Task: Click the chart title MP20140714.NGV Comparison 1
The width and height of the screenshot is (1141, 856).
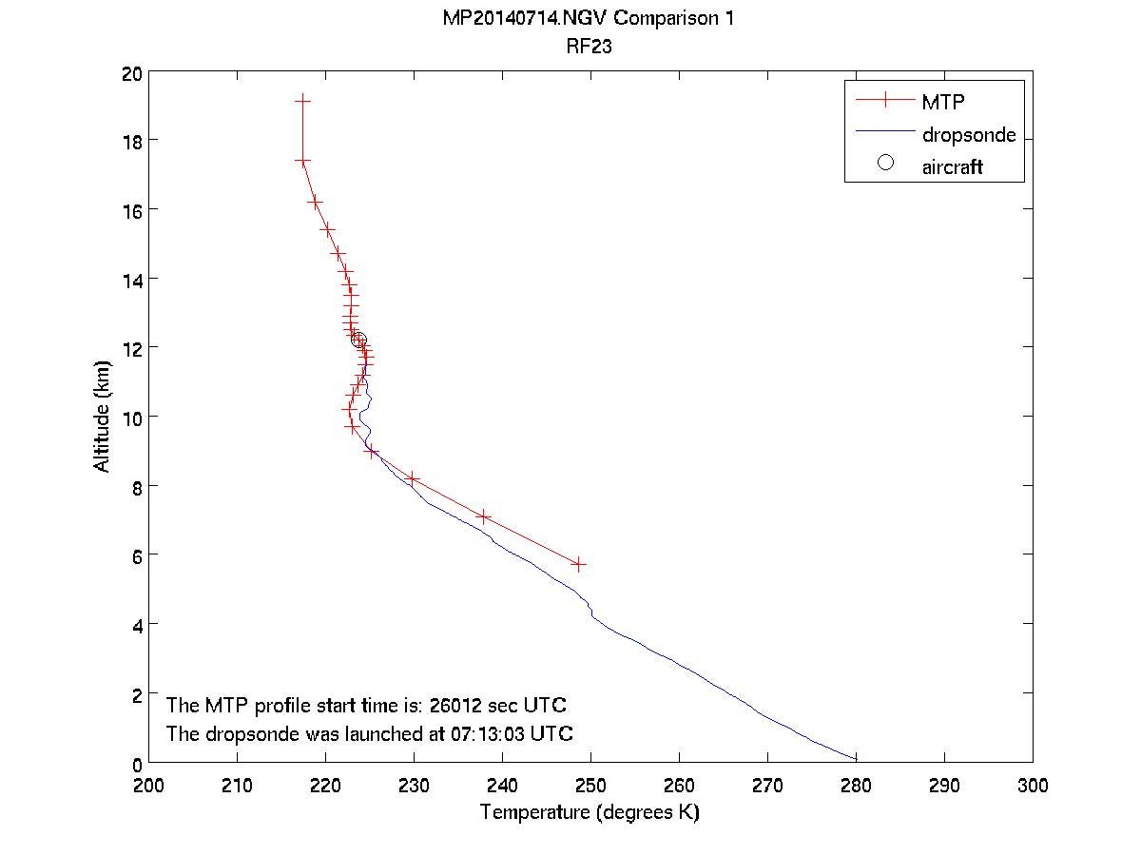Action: click(x=590, y=19)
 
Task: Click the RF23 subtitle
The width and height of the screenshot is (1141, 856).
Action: click(x=590, y=44)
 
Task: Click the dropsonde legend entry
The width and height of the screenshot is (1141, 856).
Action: click(x=969, y=135)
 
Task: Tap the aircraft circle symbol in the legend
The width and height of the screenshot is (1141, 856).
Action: click(x=885, y=163)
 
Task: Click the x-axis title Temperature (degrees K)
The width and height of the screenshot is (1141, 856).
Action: click(x=590, y=812)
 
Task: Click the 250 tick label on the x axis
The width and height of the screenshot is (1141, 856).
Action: click(x=590, y=785)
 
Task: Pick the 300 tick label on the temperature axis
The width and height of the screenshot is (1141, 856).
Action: click(x=1033, y=785)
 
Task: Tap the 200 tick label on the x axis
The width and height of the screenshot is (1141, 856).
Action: click(x=149, y=785)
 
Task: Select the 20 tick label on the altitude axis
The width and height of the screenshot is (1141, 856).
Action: click(x=131, y=72)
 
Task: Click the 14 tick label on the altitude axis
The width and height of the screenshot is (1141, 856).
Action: click(x=131, y=280)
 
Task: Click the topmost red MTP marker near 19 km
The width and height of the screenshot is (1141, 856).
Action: click(x=302, y=100)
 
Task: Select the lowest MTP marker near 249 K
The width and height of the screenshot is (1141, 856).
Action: click(x=578, y=564)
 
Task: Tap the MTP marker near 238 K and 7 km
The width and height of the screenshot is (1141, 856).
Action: click(x=484, y=516)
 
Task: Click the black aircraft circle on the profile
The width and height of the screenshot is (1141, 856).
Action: click(x=358, y=340)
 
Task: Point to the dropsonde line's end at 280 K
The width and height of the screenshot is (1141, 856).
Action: click(x=856, y=759)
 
